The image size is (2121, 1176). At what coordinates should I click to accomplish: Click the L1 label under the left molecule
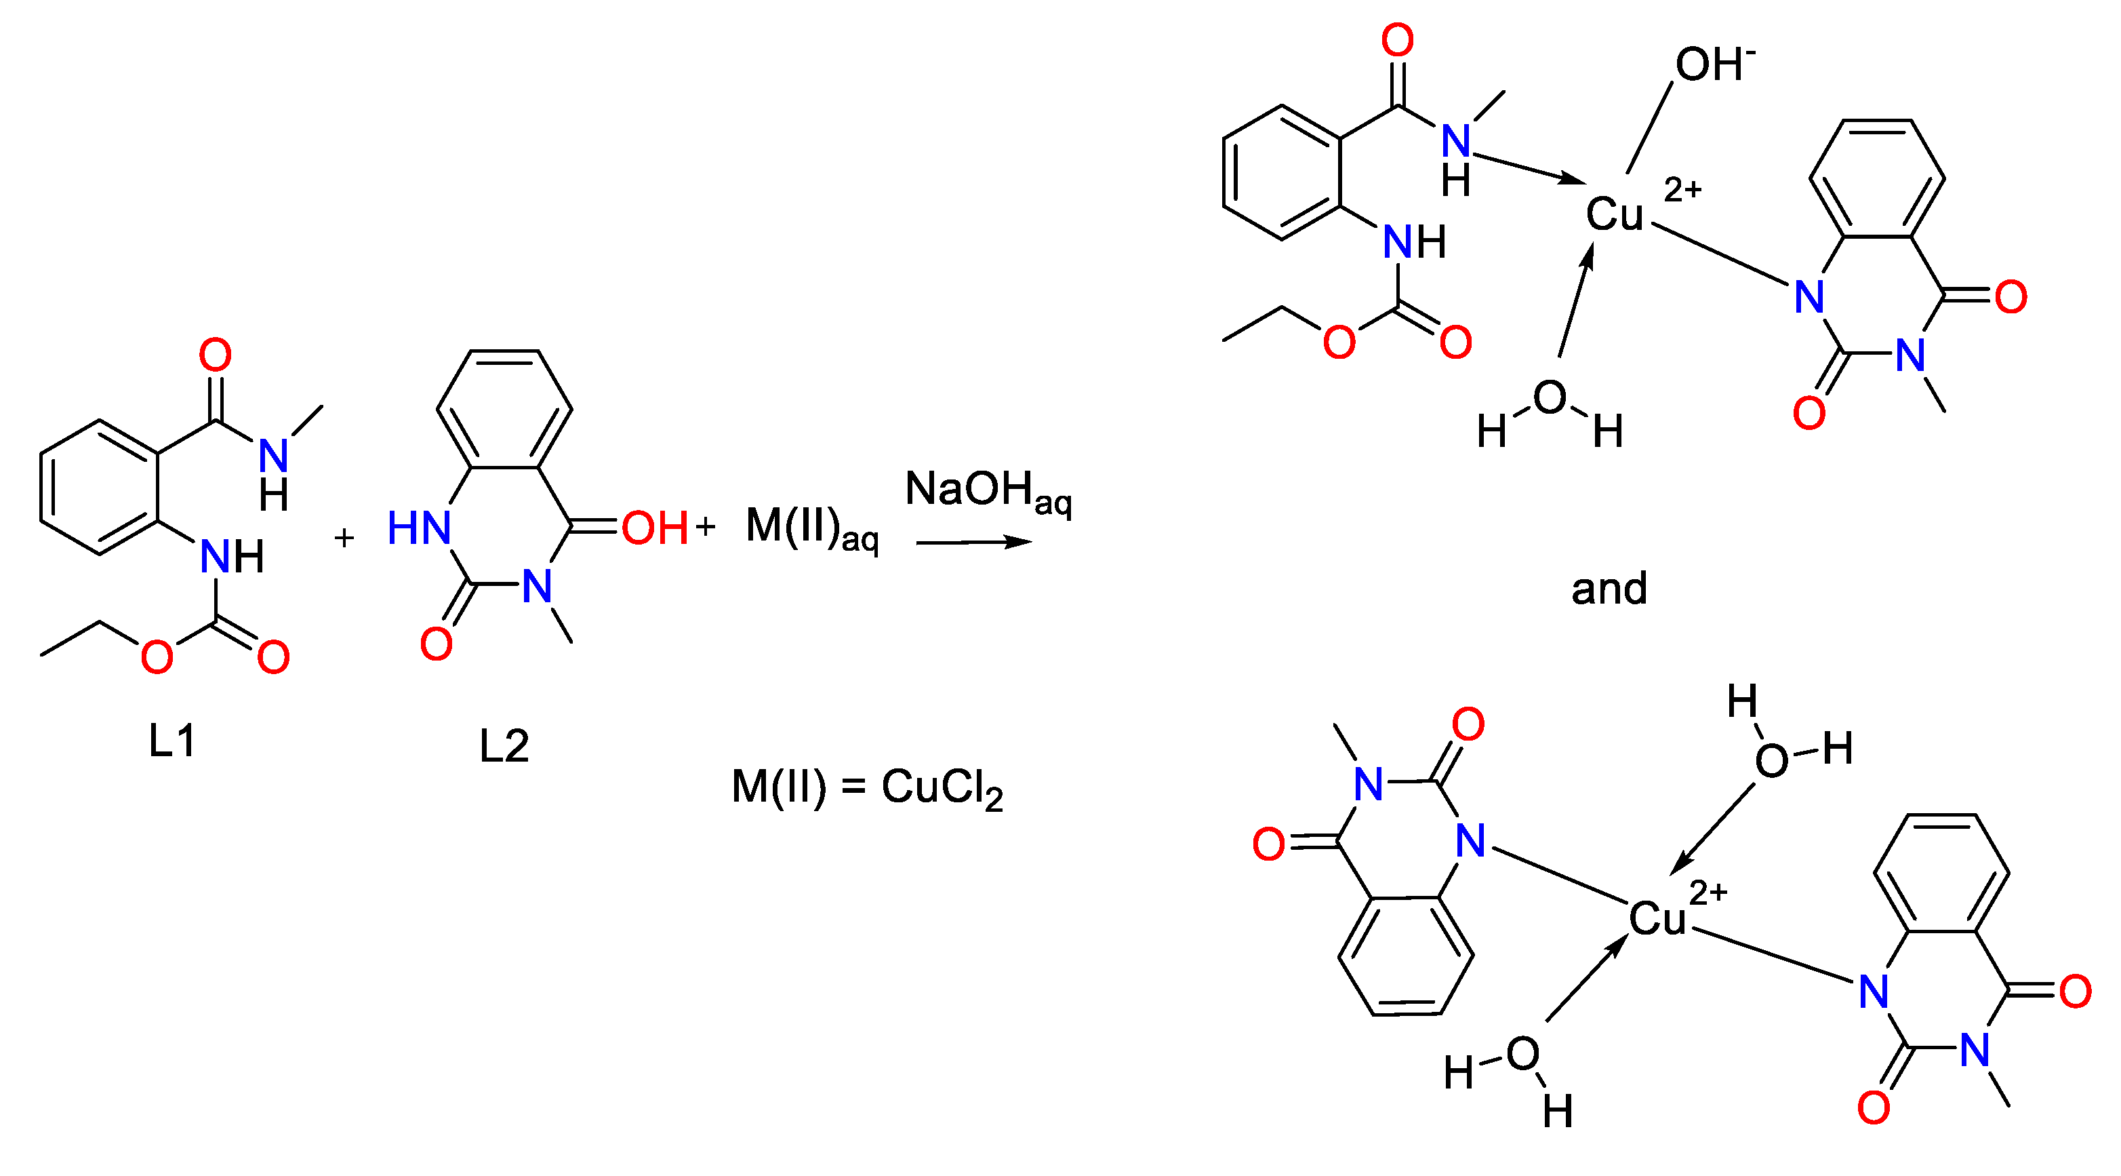(x=171, y=741)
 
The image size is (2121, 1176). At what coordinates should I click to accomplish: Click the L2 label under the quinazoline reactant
(x=504, y=746)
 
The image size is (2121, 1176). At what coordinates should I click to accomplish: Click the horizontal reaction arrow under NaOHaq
(x=973, y=542)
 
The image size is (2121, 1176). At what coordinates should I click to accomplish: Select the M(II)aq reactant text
(x=811, y=529)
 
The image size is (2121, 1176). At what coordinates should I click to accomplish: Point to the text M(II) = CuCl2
(x=867, y=787)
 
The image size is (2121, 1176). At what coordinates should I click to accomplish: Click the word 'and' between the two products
(x=1609, y=589)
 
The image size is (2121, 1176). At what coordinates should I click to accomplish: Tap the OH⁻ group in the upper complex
(x=1714, y=64)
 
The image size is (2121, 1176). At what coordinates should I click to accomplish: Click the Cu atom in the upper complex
(x=1614, y=215)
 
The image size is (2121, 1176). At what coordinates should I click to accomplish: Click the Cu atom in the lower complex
(x=1657, y=918)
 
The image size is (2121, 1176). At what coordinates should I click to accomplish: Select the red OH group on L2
(x=655, y=528)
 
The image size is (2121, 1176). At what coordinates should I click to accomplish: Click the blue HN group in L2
(x=419, y=528)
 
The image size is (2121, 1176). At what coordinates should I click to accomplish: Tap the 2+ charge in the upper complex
(x=1682, y=190)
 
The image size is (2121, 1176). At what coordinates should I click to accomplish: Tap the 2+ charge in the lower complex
(x=1708, y=893)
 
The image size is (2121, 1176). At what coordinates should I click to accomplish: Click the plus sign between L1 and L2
(x=344, y=538)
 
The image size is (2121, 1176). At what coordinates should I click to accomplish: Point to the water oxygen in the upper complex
(x=1549, y=397)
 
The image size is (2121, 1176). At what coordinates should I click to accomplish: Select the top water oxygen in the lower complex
(x=1771, y=760)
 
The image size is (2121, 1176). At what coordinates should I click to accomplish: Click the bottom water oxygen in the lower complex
(x=1522, y=1053)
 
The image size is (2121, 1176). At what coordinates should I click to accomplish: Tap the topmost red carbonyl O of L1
(x=216, y=355)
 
